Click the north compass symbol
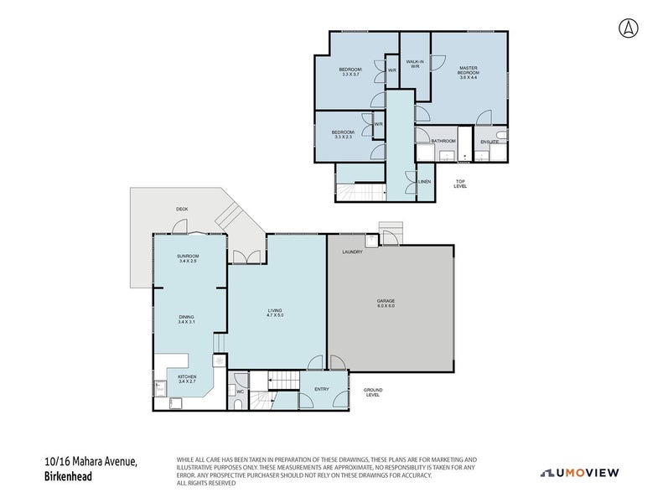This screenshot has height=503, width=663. click(627, 28)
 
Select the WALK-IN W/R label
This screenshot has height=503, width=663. click(414, 64)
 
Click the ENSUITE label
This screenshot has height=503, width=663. click(489, 142)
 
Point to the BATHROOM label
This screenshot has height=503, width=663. click(443, 141)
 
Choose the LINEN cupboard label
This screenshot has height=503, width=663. click(424, 181)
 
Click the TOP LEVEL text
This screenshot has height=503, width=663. click(460, 184)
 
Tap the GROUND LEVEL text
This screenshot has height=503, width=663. click(373, 392)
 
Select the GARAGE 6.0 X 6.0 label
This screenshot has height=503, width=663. click(386, 303)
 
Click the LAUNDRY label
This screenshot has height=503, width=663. click(351, 251)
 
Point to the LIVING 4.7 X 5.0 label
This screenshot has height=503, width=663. click(275, 313)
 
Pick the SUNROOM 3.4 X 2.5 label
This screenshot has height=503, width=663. click(187, 258)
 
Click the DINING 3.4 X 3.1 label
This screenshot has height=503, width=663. click(186, 319)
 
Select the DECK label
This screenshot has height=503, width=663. click(181, 209)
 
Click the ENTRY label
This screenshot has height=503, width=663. click(322, 389)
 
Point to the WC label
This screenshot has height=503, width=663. click(240, 392)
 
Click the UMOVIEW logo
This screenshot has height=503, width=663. click(580, 473)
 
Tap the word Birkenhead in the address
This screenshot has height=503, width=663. click(69, 477)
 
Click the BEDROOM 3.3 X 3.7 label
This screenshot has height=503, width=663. click(350, 71)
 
